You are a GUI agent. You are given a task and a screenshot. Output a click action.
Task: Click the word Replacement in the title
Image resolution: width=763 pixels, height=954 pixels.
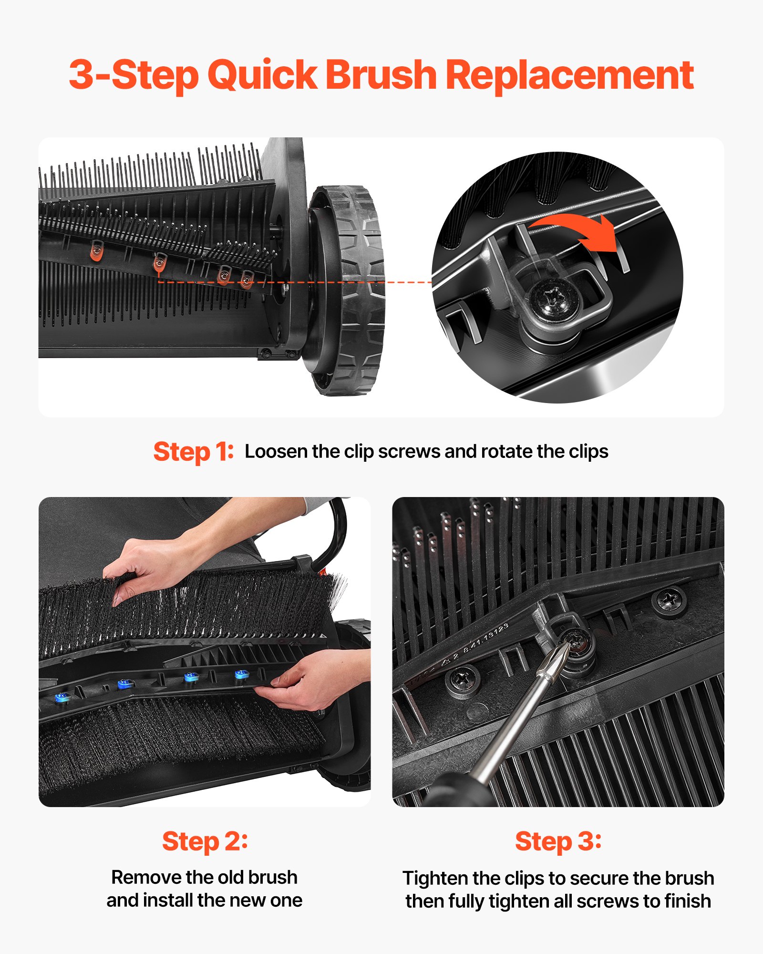tap(569, 75)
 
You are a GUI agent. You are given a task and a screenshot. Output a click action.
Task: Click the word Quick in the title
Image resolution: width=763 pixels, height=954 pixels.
tap(262, 75)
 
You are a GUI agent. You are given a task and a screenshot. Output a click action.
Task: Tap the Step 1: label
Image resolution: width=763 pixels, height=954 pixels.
tap(193, 451)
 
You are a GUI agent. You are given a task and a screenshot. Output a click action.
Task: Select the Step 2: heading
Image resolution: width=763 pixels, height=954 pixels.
tap(205, 841)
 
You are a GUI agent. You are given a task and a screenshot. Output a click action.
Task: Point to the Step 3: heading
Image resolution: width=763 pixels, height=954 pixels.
tap(558, 841)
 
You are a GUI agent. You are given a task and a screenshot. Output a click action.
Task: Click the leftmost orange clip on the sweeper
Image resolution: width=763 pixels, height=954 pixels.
tap(97, 250)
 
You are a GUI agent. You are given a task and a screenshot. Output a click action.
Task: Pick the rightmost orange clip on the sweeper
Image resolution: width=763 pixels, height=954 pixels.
tap(247, 279)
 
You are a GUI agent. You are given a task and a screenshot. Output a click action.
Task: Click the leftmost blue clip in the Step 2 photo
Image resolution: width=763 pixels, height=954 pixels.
tap(62, 698)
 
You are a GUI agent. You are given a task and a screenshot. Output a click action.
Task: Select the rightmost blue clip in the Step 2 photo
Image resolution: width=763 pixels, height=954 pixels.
tap(241, 674)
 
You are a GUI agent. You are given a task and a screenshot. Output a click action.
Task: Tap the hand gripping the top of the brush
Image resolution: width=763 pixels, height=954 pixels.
tap(143, 568)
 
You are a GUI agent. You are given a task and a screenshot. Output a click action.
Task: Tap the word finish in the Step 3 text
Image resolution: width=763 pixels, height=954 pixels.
tap(687, 902)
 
